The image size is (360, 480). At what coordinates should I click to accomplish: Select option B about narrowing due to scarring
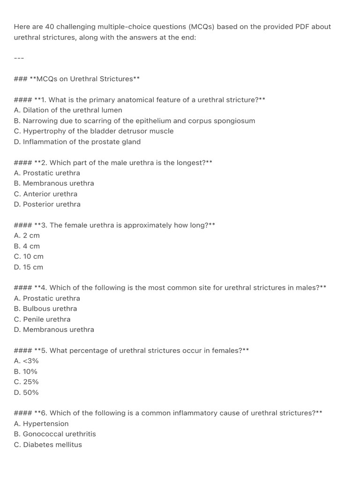pos(135,120)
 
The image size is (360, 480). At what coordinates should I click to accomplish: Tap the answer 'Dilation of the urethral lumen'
pos(68,110)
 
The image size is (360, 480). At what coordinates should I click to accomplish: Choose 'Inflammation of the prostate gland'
pos(77,142)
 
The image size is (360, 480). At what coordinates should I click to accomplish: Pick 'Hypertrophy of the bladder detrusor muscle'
pos(94,131)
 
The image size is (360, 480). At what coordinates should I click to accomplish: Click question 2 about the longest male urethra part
pos(113,163)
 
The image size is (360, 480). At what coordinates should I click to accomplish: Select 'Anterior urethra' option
pos(46,194)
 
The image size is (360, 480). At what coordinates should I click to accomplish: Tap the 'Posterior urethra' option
pos(47,204)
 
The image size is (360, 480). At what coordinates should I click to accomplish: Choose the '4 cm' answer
pos(27,246)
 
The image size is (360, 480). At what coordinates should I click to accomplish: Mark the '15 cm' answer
pos(29,267)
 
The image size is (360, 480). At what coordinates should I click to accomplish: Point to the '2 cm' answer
pos(27,236)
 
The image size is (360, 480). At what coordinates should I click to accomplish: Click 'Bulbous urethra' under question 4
pos(45,309)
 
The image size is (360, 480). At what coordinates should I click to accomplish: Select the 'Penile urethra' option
pos(42,319)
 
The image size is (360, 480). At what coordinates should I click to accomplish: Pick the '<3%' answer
pos(27,361)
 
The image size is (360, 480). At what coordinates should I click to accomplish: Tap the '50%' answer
pos(27,392)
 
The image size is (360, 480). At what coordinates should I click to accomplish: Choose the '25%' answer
pos(27,382)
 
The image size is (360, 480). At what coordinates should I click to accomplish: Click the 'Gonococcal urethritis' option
pos(55,434)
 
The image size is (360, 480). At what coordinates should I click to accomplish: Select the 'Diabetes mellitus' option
pos(48,444)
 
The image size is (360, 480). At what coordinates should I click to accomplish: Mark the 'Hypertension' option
pos(41,424)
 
